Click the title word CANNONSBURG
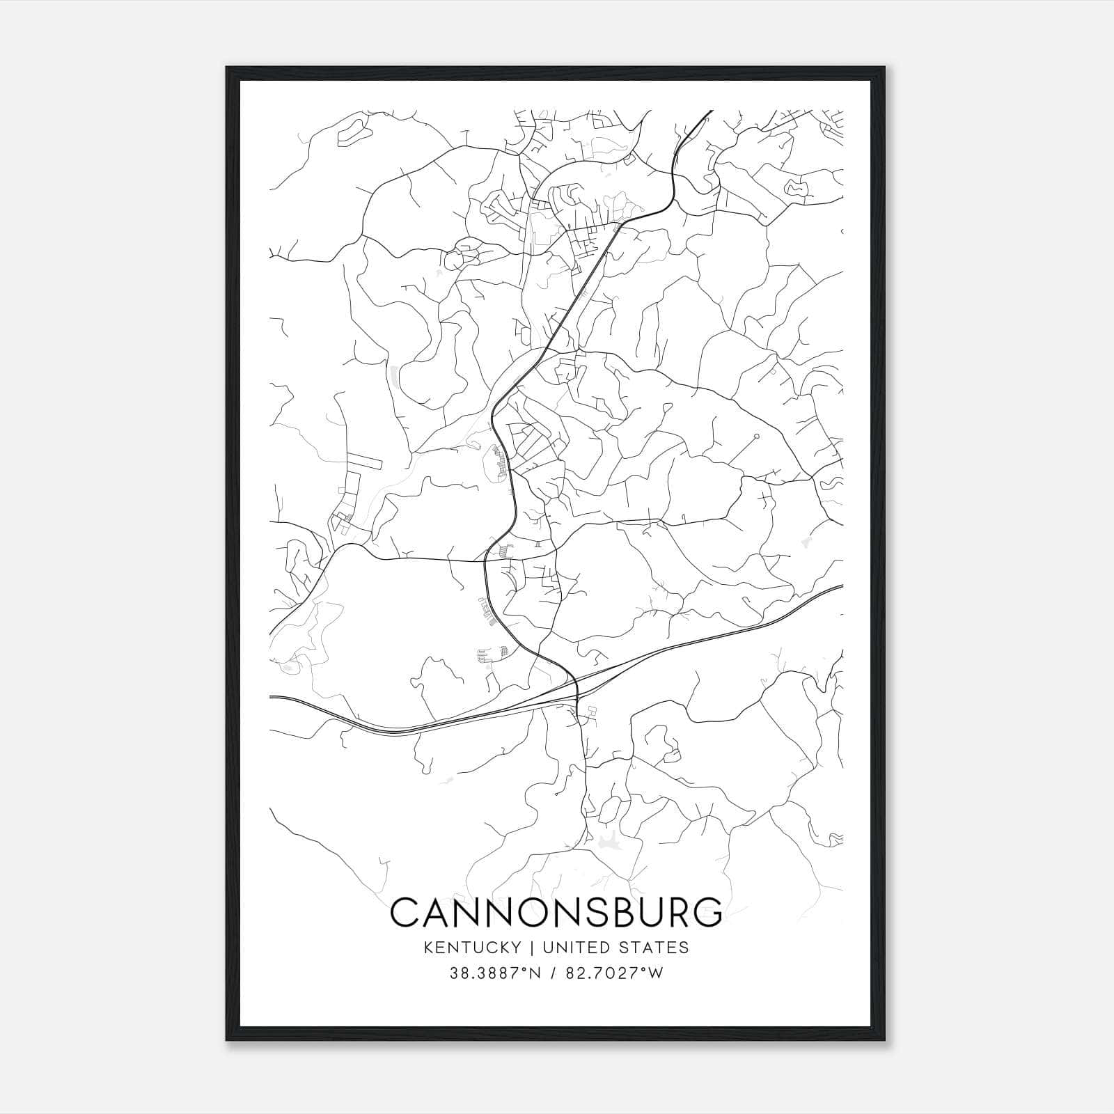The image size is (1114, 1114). pos(556,913)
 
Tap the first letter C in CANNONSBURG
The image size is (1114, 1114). pos(405,913)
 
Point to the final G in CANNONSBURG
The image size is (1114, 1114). pos(709,913)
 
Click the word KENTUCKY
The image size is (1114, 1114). pos(472,948)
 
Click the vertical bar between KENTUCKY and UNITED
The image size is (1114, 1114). pos(531,948)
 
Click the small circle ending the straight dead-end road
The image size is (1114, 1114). pos(755,437)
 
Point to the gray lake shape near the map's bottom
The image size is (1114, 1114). pos(604,842)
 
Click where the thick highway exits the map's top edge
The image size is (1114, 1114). pos(711,111)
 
